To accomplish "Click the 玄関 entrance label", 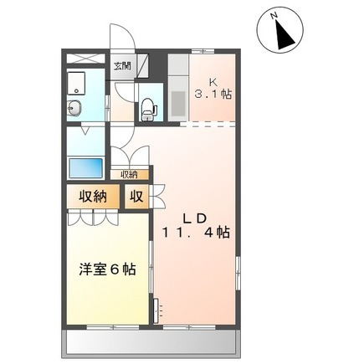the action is [122, 67].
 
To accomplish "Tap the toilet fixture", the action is [148, 108].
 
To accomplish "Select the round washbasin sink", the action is [74, 108].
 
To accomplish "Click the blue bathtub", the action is [85, 167].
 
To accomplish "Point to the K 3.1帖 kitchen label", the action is [213, 89].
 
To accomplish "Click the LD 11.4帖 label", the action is [196, 226].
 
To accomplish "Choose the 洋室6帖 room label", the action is [107, 269].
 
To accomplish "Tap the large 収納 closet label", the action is [93, 197].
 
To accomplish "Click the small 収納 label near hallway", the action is [129, 175].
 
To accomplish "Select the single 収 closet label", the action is [136, 197].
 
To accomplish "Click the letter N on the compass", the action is [274, 16].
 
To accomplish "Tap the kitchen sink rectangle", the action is [177, 103].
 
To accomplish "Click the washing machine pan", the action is [76, 82].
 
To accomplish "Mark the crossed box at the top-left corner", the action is [85, 59].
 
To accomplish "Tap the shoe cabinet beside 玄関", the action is [143, 66].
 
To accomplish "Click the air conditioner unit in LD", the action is [156, 310].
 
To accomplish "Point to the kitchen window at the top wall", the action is [203, 51].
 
